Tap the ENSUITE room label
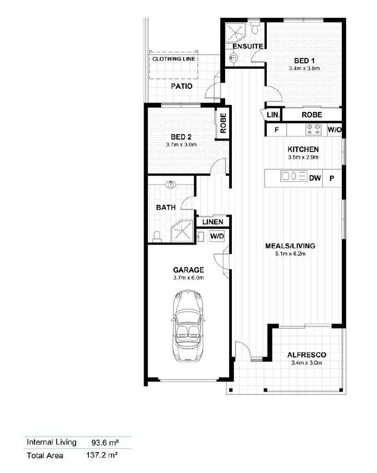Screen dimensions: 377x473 pos(248,47)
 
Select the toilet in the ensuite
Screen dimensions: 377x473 pos(255,28)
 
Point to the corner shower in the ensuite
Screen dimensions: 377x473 pos(236,32)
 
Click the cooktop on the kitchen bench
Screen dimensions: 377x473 pos(313,130)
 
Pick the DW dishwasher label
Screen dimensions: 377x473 pos(315,178)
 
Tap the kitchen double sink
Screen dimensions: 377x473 pos(293,176)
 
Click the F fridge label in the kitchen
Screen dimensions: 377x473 pos(277,130)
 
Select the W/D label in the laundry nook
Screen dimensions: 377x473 pos(217,236)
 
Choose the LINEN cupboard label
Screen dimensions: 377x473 pos(213,222)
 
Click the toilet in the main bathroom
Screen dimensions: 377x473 pos(157,236)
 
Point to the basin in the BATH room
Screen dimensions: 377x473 pos(171,184)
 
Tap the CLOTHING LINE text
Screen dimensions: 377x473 pos(173,59)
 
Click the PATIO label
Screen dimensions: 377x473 pos(182,86)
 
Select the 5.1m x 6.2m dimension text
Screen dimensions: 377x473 pos(290,254)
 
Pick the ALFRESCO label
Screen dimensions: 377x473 pos(307,355)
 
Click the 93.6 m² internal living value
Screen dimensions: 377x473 pos(105,443)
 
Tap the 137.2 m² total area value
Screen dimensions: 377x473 pos(102,455)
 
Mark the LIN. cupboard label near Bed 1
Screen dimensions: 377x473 pos(273,115)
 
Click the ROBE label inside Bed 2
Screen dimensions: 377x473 pos(223,123)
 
